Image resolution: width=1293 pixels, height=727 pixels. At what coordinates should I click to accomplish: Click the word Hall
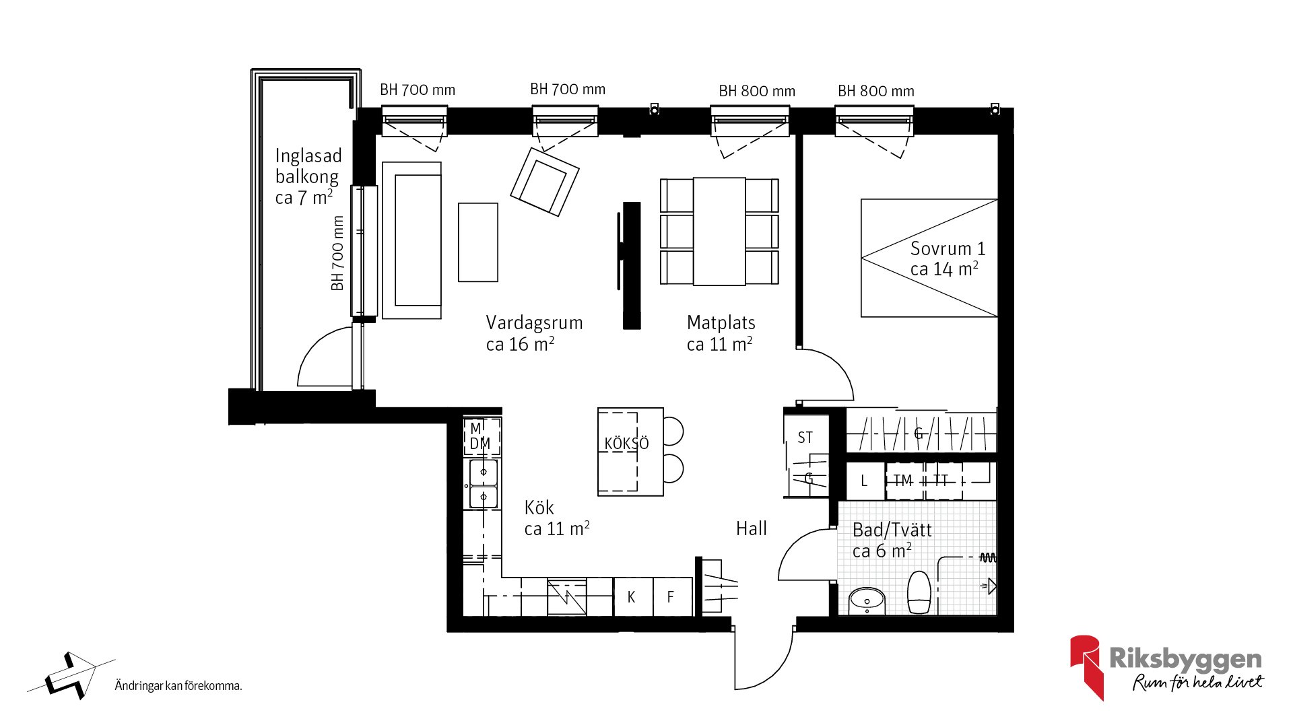click(x=751, y=528)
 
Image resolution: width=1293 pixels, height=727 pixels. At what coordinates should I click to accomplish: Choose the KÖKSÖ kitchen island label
click(x=626, y=444)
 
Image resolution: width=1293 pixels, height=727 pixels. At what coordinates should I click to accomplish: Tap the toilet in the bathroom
click(x=919, y=592)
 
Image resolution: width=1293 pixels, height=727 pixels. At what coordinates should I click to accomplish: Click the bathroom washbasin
click(x=867, y=600)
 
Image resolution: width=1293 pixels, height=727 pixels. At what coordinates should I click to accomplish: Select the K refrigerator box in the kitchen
click(x=633, y=596)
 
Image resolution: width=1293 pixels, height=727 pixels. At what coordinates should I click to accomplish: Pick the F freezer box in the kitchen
click(x=672, y=596)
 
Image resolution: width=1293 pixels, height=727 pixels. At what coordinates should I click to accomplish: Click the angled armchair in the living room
click(x=544, y=182)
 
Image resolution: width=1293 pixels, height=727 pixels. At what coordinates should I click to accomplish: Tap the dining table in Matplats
click(x=719, y=232)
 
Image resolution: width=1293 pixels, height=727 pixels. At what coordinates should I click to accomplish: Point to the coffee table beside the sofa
click(x=478, y=242)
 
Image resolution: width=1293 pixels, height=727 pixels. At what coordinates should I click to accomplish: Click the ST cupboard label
click(x=805, y=438)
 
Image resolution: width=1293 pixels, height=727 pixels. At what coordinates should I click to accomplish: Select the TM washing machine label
click(x=902, y=481)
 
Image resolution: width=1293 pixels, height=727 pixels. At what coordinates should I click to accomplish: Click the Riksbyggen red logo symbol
click(x=1086, y=666)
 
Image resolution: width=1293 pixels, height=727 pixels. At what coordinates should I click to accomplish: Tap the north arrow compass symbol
click(x=71, y=676)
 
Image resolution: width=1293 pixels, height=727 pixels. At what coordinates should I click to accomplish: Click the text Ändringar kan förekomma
click(x=178, y=686)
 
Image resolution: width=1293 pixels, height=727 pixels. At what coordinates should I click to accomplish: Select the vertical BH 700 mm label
click(x=337, y=253)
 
